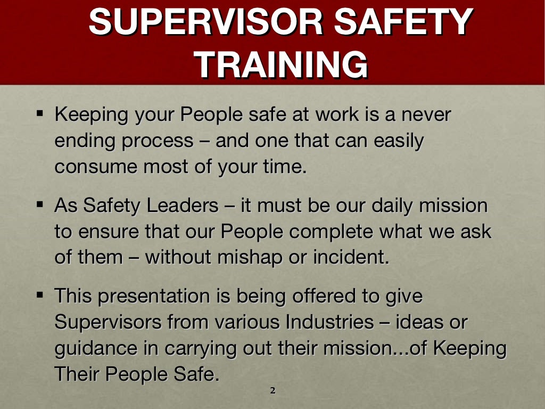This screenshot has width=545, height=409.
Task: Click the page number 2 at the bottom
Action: tap(272, 391)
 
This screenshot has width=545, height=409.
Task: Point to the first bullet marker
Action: tap(41, 113)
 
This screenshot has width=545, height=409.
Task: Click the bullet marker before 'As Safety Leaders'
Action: tap(41, 204)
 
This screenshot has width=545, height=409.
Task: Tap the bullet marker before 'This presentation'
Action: tap(41, 295)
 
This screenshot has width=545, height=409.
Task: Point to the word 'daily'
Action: tap(406, 206)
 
